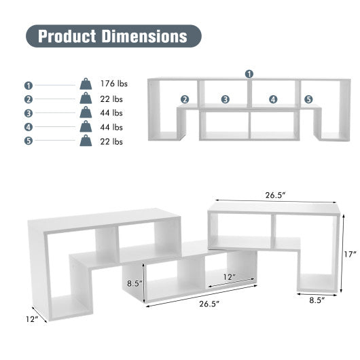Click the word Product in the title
67,36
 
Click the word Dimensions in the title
143,36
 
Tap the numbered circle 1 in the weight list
29,85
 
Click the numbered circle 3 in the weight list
29,113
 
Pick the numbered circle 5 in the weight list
29,141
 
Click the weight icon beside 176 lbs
86,84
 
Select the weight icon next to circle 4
86,127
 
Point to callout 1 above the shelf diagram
249,73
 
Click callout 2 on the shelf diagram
184,99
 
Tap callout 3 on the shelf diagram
225,99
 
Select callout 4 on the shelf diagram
273,99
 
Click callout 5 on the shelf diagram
308,99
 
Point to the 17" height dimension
350,254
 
